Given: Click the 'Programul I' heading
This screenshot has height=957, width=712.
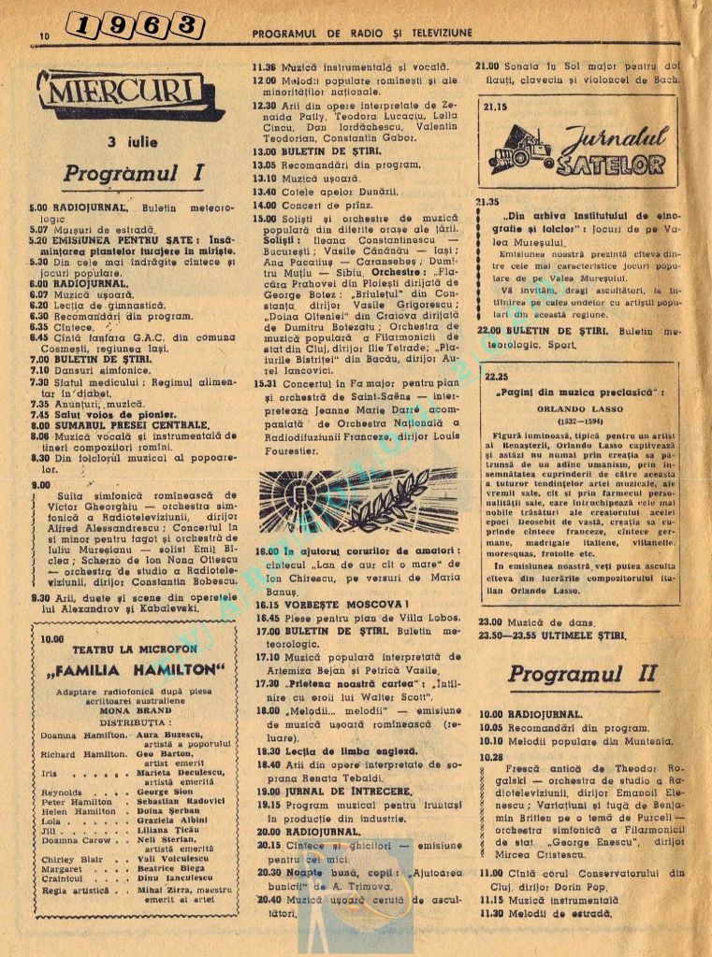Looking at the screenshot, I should point(134,174).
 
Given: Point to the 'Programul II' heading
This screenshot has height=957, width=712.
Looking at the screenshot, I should point(582,673).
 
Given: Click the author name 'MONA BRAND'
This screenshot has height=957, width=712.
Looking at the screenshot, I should point(138,709).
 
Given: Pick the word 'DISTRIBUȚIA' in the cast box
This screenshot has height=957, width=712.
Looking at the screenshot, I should point(138,721).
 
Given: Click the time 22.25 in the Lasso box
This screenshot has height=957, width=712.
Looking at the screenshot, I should point(497,378).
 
